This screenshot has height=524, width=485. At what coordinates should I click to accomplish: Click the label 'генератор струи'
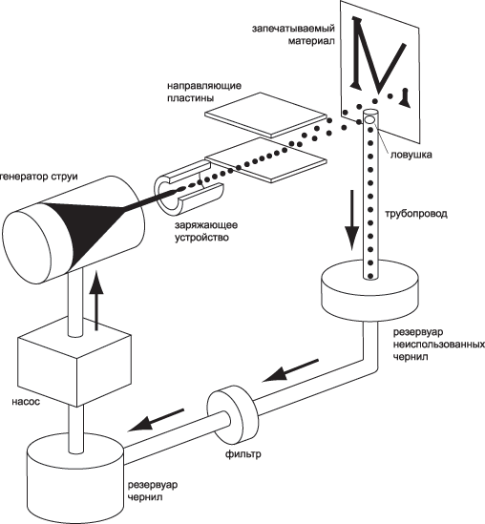click(39, 177)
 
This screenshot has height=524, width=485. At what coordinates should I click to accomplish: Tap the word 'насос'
click(26, 401)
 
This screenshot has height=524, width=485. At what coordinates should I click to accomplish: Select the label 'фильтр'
click(243, 454)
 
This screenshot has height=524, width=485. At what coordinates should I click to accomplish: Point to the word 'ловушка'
click(411, 155)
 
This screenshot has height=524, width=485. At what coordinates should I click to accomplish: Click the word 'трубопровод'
click(416, 214)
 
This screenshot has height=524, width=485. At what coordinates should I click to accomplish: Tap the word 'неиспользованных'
click(439, 345)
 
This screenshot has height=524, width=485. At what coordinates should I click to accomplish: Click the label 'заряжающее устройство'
click(206, 231)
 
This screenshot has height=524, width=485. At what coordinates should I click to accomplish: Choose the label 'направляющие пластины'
click(204, 92)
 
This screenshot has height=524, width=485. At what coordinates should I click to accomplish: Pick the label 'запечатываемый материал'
click(293, 34)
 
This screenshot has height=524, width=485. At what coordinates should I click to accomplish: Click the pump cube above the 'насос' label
click(74, 361)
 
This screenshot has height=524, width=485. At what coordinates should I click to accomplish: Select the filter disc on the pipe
click(233, 414)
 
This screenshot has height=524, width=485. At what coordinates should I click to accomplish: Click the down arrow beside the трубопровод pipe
click(351, 220)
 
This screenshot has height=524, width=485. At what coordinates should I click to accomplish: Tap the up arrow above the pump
click(97, 301)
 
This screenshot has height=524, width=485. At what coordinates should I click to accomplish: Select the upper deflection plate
click(265, 115)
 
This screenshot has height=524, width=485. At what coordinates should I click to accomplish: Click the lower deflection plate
click(265, 159)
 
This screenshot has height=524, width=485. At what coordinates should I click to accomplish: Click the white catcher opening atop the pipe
click(369, 119)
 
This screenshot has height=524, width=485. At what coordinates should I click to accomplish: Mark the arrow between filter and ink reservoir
click(156, 420)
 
